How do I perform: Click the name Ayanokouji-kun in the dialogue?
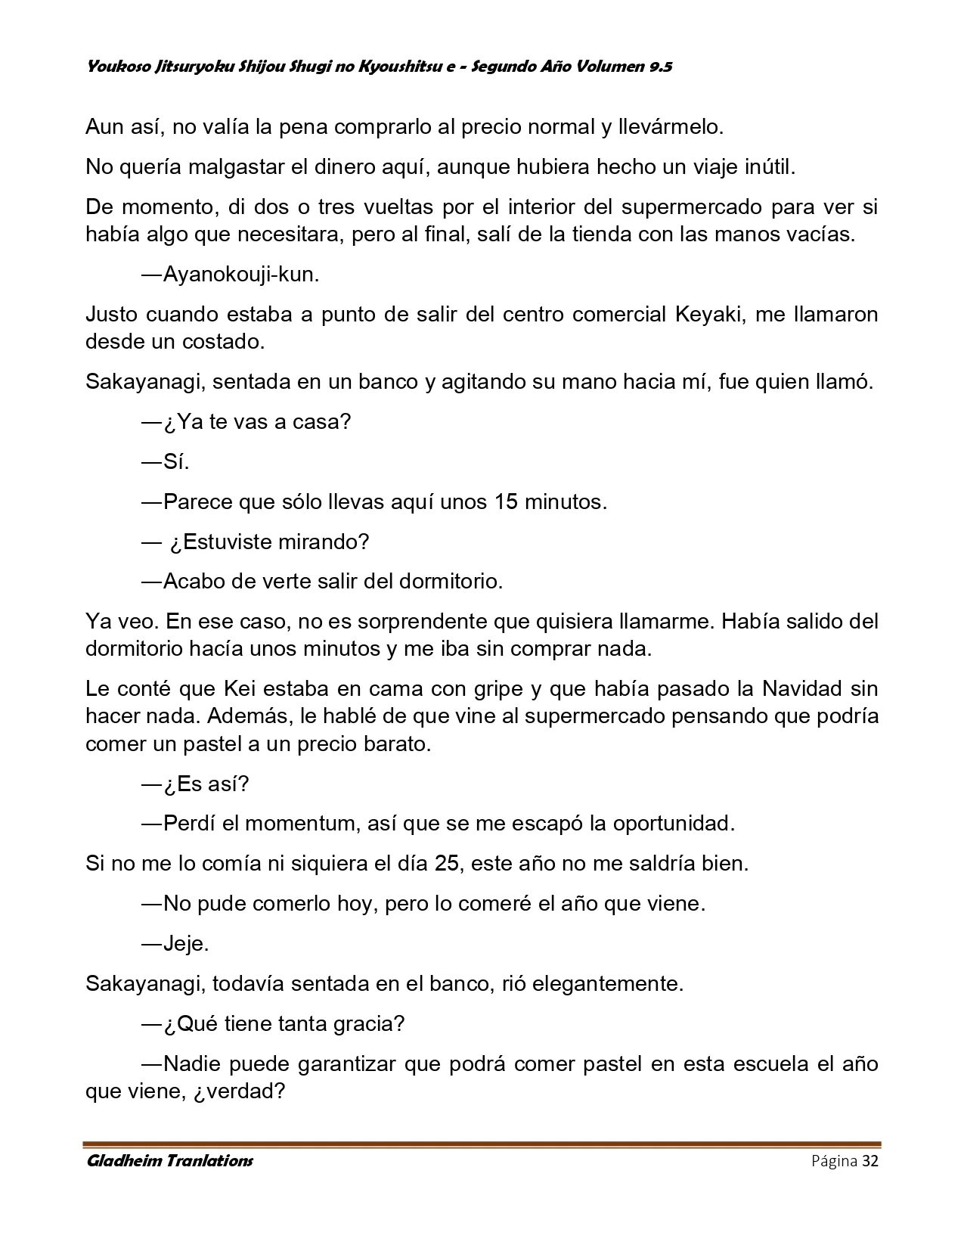[x=241, y=275]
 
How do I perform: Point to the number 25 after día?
[x=447, y=863]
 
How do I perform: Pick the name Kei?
[x=241, y=688]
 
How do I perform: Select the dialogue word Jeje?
[x=186, y=943]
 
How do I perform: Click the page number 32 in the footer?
[x=869, y=1161]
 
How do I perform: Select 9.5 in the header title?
[x=660, y=67]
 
